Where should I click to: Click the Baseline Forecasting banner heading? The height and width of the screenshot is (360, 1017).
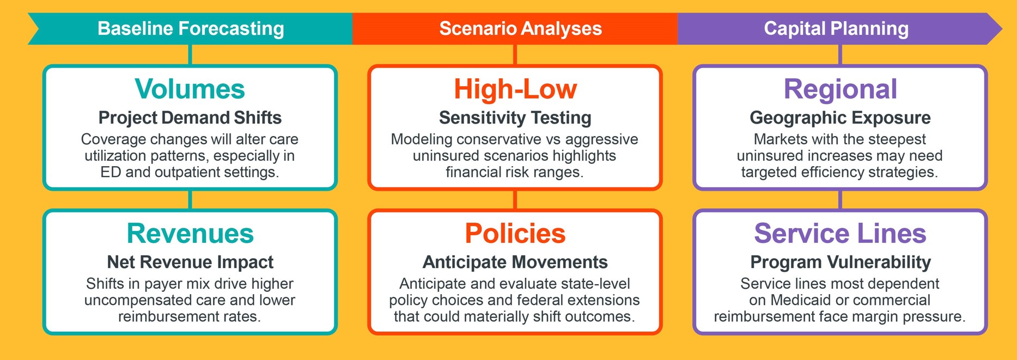(191, 28)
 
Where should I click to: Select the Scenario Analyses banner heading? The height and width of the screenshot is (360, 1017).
(521, 28)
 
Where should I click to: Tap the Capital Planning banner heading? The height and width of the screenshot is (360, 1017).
(836, 28)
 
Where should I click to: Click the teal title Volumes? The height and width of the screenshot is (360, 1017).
(190, 89)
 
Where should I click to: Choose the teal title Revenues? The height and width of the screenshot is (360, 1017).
(190, 233)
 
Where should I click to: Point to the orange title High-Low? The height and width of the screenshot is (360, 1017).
(515, 89)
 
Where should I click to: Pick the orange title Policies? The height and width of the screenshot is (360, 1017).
(515, 233)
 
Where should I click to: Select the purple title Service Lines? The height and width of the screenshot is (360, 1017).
(841, 233)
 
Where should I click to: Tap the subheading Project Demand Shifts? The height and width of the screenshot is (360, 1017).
(190, 118)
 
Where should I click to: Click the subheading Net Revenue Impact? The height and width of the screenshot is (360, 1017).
(190, 262)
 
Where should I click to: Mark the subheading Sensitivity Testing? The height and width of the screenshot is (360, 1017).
(515, 118)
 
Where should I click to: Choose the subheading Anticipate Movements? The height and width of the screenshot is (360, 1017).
(515, 262)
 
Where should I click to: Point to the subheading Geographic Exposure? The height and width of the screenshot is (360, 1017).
(841, 118)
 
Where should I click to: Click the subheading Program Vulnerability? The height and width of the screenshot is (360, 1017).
(841, 262)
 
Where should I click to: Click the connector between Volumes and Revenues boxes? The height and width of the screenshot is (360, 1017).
(190, 200)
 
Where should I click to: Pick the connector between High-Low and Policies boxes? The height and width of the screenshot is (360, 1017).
(515, 200)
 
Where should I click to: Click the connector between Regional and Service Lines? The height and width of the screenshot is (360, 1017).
(841, 200)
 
